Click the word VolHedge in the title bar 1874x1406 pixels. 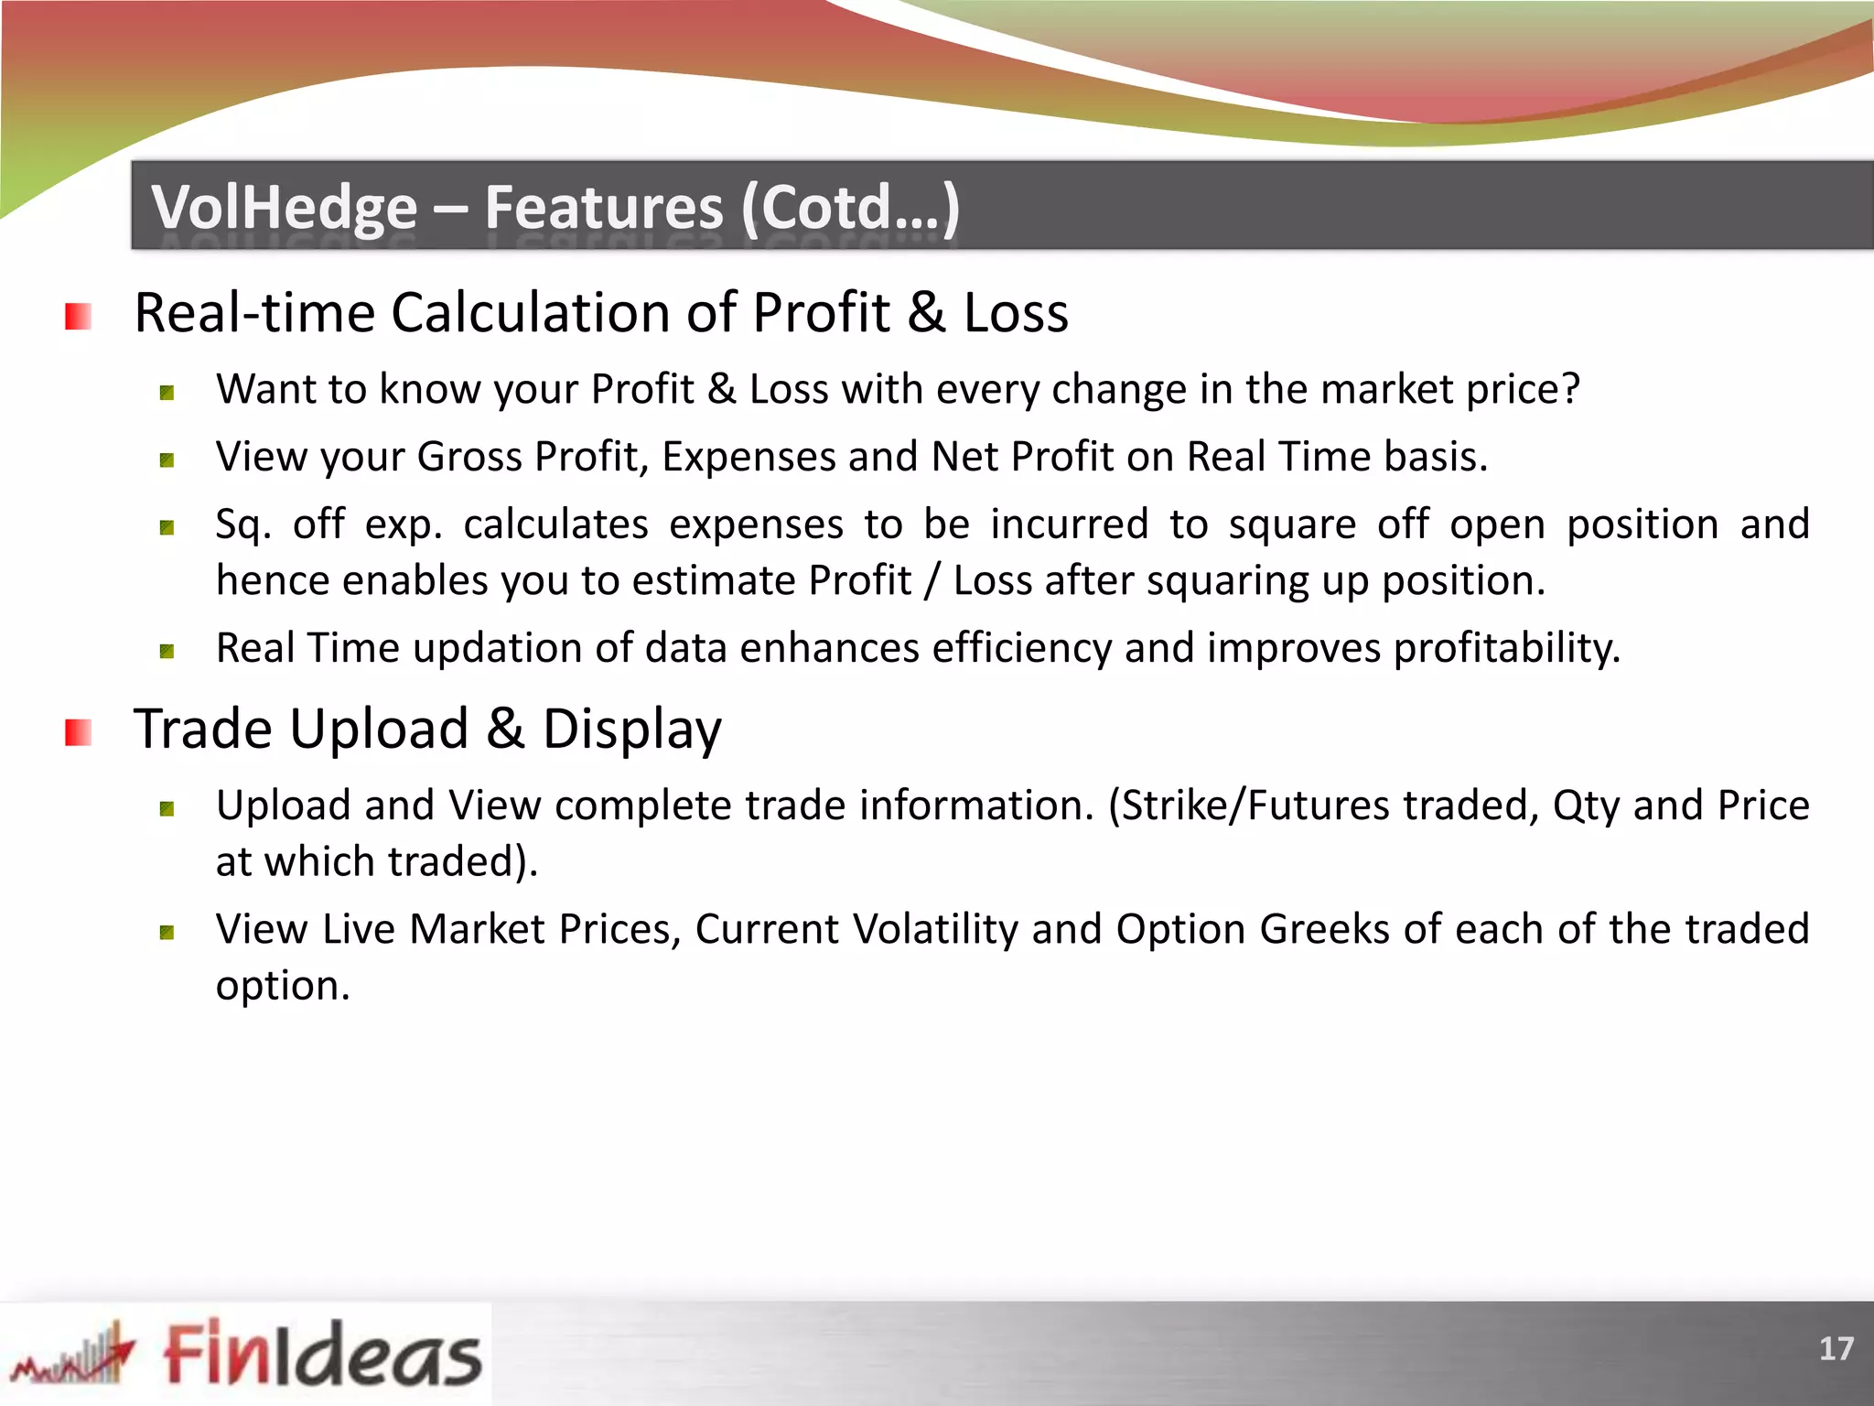coord(284,207)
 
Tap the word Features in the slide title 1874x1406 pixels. coord(604,207)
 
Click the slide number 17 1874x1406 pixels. coord(1836,1348)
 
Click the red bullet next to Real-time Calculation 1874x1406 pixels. coord(78,317)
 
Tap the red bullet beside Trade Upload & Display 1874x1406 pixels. coord(78,732)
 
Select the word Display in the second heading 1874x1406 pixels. coord(631,730)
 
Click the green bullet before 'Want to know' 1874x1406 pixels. coord(167,394)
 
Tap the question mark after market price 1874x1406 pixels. coord(1570,389)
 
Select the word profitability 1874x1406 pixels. coord(1506,648)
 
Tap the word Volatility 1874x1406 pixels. coord(935,929)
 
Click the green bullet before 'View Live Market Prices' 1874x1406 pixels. coord(167,933)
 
